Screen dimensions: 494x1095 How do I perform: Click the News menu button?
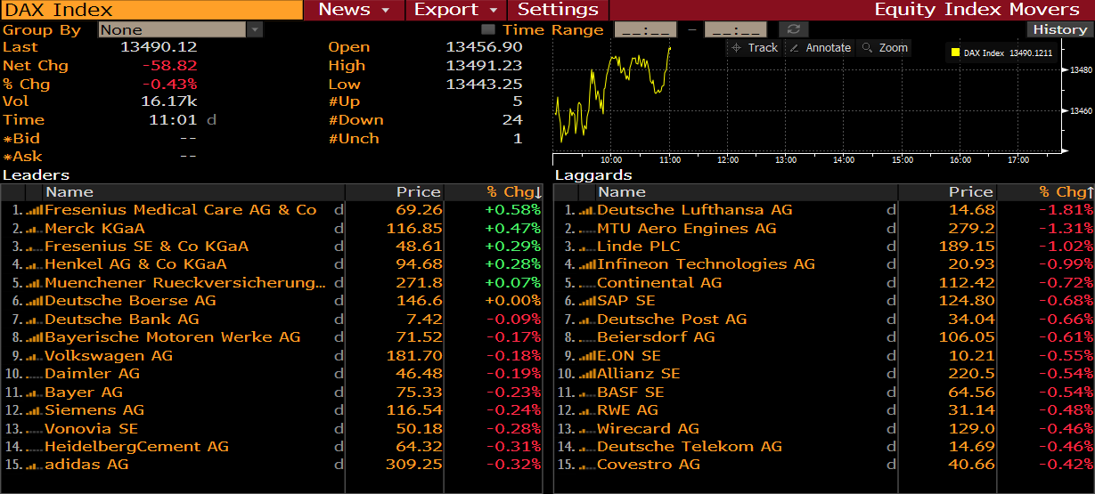354,10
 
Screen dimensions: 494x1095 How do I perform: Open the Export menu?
455,10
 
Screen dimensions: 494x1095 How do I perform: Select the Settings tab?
558,10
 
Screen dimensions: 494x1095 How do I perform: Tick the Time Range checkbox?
487,30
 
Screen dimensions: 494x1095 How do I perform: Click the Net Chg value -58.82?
169,66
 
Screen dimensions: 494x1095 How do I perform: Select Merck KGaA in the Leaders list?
94,228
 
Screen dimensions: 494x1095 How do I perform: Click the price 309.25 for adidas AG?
413,465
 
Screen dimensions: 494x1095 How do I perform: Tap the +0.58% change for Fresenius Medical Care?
512,210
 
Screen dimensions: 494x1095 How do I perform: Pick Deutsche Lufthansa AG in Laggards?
694,210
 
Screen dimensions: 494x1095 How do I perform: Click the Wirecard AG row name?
648,428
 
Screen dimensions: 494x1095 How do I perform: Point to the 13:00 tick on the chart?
786,160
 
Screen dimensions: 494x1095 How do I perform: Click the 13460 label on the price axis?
1081,111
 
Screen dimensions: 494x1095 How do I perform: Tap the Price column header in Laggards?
970,192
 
